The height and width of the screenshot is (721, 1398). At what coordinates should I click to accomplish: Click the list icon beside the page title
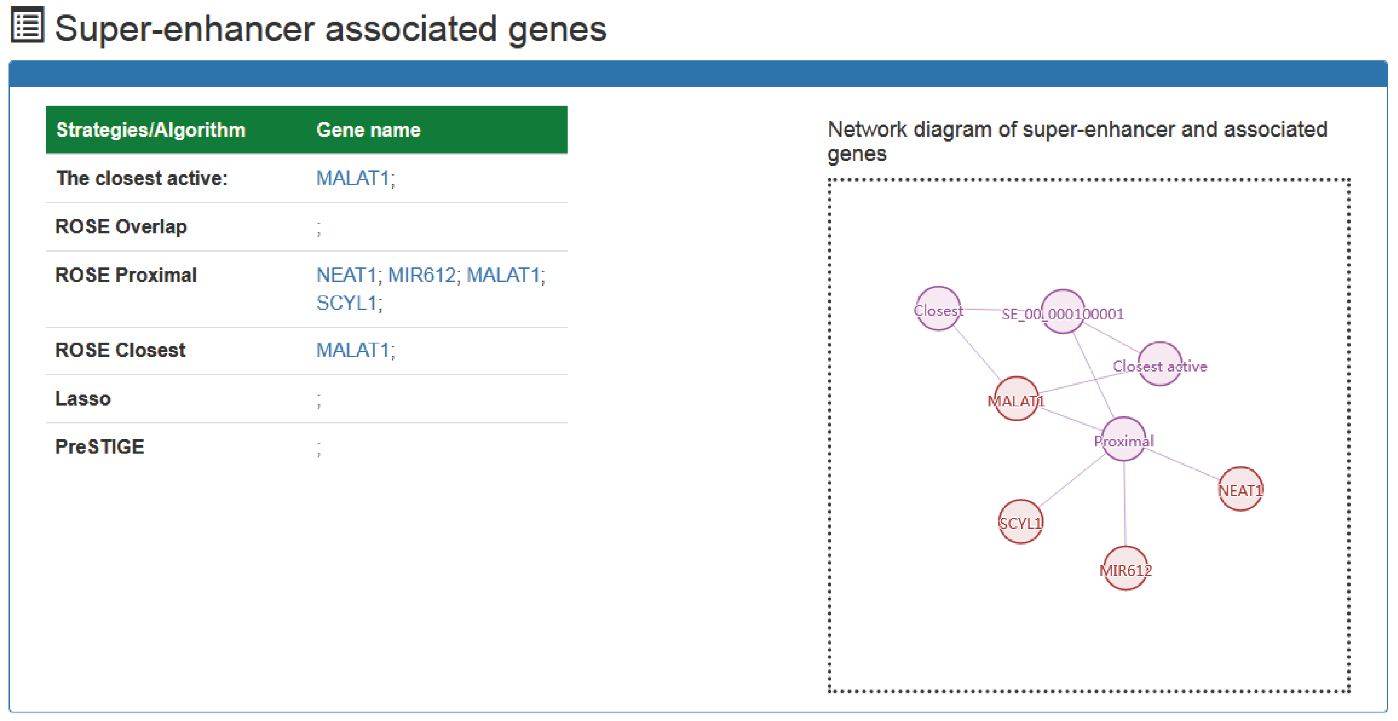pyautogui.click(x=27, y=24)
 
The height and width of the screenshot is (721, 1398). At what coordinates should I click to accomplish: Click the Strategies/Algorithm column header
pyautogui.click(x=151, y=130)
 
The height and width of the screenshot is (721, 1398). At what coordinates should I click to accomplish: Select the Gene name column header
pyautogui.click(x=369, y=130)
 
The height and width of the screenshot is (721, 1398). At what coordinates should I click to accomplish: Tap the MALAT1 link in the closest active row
pyautogui.click(x=353, y=178)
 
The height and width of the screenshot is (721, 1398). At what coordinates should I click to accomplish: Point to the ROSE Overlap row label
pyautogui.click(x=121, y=227)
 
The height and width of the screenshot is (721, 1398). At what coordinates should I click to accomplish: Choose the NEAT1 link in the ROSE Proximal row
pyautogui.click(x=346, y=275)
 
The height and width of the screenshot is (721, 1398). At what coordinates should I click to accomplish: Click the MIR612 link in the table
pyautogui.click(x=422, y=275)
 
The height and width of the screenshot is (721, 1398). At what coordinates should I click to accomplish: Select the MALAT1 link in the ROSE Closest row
pyautogui.click(x=353, y=350)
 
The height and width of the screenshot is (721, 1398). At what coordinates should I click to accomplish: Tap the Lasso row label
pyautogui.click(x=83, y=399)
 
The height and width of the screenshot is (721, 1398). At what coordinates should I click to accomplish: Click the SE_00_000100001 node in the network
pyautogui.click(x=1063, y=312)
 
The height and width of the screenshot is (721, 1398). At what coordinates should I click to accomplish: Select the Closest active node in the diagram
pyautogui.click(x=1160, y=364)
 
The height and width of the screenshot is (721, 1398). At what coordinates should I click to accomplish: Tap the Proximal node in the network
pyautogui.click(x=1124, y=439)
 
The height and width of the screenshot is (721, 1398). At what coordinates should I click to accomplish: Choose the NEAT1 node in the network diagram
pyautogui.click(x=1241, y=489)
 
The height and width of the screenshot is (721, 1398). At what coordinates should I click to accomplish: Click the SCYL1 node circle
pyautogui.click(x=1021, y=521)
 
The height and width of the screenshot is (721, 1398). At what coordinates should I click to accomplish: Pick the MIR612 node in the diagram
pyautogui.click(x=1125, y=568)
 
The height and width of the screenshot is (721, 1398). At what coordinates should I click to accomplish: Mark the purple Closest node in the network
pyautogui.click(x=938, y=309)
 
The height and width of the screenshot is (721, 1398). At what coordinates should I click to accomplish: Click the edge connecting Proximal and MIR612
pyautogui.click(x=1125, y=503)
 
